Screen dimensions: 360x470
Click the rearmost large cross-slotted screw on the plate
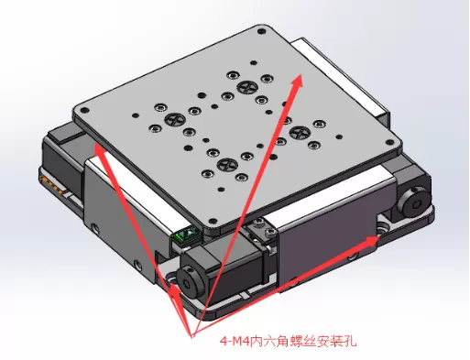tap(245, 88)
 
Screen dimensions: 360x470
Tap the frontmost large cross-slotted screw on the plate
tap(228, 167)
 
